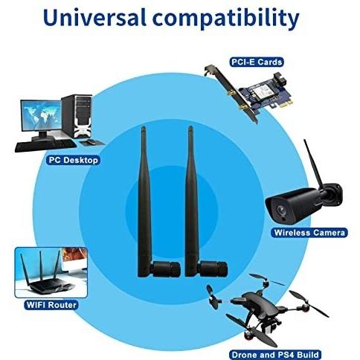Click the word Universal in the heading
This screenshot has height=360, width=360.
point(94,17)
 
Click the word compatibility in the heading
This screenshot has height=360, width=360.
point(226,19)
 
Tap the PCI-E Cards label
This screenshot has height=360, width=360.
point(257,62)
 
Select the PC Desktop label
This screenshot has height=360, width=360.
point(73,160)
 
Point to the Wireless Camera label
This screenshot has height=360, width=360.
point(309,233)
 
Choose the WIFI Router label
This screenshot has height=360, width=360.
point(51,305)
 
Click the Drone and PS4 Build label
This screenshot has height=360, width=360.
point(275,355)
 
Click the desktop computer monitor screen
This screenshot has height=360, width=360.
point(41,115)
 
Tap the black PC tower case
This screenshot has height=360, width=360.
point(77,116)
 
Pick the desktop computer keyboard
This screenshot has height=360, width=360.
point(46,146)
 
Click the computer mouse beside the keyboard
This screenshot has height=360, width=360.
point(91,142)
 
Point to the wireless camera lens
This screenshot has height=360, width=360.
point(281,210)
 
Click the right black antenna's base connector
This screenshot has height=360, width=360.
point(213,269)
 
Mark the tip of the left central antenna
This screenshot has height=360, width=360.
point(143,127)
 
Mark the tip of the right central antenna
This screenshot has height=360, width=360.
point(190,126)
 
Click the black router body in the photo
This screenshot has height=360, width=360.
point(51,286)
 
